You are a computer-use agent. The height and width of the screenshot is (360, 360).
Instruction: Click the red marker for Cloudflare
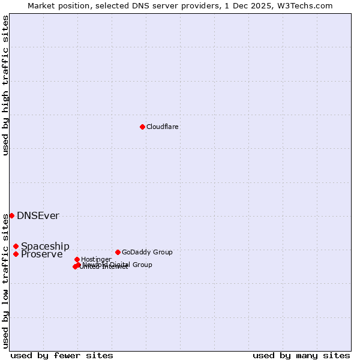click(142, 127)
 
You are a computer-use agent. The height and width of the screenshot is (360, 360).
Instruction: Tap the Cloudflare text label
click(162, 127)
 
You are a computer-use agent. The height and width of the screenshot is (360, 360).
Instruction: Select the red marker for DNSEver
click(11, 215)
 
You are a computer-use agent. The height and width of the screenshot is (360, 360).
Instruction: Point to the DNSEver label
click(38, 216)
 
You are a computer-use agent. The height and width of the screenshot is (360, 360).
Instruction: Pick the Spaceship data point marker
click(16, 246)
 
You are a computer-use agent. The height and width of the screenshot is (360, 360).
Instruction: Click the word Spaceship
click(45, 247)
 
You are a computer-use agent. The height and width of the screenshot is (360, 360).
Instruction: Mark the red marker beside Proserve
click(16, 254)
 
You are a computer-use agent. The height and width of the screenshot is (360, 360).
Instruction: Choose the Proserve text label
click(41, 254)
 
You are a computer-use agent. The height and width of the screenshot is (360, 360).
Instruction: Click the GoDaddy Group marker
click(118, 252)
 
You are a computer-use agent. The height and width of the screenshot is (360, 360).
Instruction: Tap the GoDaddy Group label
click(147, 253)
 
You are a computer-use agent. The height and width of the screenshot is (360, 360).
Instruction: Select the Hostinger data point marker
click(77, 259)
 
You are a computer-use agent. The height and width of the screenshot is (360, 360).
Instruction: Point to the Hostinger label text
click(96, 260)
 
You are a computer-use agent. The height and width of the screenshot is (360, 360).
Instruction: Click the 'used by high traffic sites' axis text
click(5, 85)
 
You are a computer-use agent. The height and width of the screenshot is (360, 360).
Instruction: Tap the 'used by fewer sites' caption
click(62, 355)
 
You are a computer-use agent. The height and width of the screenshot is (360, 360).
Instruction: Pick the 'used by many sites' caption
click(301, 355)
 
